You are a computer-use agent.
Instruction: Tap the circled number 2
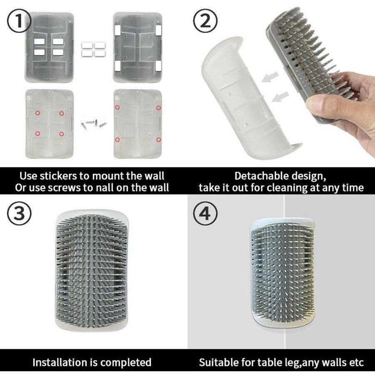[x=205, y=21]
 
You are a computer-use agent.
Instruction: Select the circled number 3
[x=19, y=213]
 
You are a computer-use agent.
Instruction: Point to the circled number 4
[x=205, y=213]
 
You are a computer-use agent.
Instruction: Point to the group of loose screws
[x=93, y=124]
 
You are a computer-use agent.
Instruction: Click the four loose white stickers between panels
[x=93, y=50]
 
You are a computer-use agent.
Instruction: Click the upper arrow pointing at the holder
[x=270, y=77]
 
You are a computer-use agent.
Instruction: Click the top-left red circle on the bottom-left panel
[x=37, y=113]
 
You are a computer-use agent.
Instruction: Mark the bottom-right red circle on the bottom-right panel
[x=159, y=140]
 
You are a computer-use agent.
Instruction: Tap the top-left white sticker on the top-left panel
[x=40, y=41]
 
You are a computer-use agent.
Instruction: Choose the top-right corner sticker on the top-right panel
[x=158, y=29]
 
